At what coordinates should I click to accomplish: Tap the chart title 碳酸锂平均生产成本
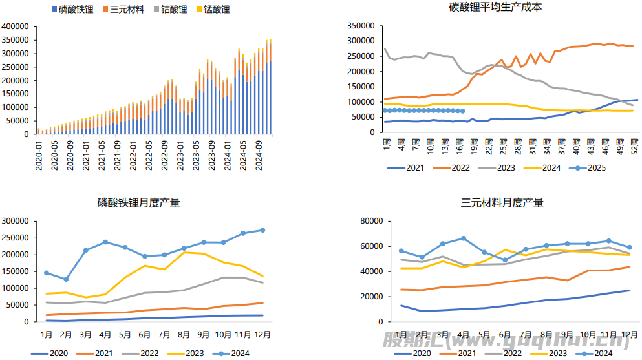coord(495,8)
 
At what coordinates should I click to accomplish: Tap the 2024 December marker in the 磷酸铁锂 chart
coord(262,230)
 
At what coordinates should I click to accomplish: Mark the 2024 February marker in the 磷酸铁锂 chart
coord(66,279)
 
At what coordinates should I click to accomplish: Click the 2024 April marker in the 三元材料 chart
coord(464,238)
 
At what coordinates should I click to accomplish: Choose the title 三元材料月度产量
coord(502,203)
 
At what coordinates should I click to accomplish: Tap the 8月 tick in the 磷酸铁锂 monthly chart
coord(184,335)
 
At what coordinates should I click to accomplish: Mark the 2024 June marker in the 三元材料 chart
coord(505,260)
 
